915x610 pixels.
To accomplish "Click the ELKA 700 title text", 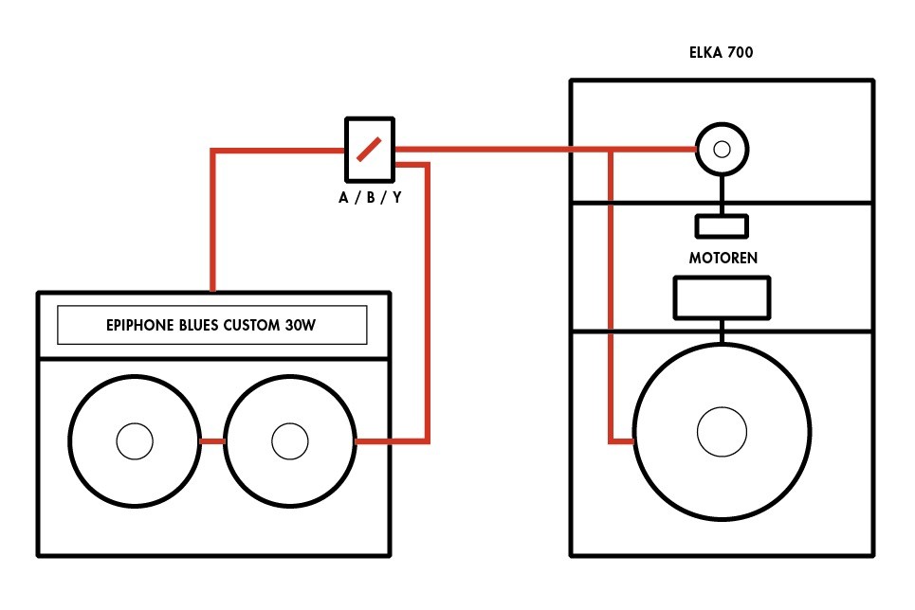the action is coord(722,52).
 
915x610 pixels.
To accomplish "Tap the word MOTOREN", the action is coord(723,258).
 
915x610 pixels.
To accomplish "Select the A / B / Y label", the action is coord(370,198).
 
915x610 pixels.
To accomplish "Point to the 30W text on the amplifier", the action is coord(300,326).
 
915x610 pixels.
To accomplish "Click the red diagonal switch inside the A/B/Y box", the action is coord(369,149).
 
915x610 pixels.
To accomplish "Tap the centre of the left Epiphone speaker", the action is coord(135,441).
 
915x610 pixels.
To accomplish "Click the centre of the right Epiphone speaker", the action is coord(290,441).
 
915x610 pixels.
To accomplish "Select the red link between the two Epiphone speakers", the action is coord(212,441).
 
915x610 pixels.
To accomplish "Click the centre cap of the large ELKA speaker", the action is coord(722,432).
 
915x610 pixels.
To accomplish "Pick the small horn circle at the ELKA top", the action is coord(722,150).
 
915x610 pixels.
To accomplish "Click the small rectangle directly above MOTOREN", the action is coord(722,226).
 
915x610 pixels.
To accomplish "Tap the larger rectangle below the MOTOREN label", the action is coord(722,298).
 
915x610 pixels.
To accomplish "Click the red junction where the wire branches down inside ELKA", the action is coord(611,150).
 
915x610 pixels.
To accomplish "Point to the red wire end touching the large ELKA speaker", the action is coord(632,441).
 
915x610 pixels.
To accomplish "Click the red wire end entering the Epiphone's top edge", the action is coord(213,289).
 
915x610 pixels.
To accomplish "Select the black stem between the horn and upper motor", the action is coord(722,195).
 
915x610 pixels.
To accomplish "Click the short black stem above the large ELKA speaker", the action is coord(722,332).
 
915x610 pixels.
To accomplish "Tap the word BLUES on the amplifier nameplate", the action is coord(198,326).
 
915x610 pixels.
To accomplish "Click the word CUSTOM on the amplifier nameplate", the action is coord(251,326).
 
